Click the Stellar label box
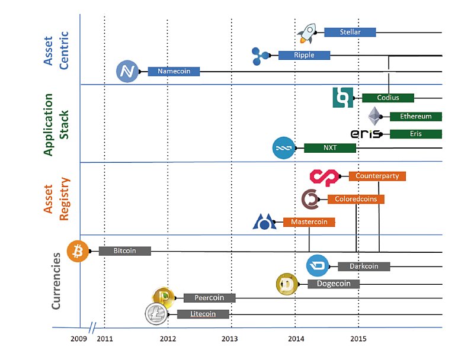click(x=350, y=32)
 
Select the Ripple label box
click(x=304, y=55)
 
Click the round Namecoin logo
click(x=127, y=72)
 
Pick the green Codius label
click(x=387, y=98)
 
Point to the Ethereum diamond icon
click(x=374, y=115)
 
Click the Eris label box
click(x=415, y=134)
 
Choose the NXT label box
click(x=329, y=148)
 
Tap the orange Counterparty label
click(x=377, y=176)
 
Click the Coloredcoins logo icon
click(x=310, y=200)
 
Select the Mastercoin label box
click(x=309, y=222)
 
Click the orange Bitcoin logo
click(x=78, y=252)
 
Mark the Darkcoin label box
click(x=364, y=266)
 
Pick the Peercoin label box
click(x=209, y=298)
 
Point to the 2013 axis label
click(x=230, y=339)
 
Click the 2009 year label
click(x=79, y=339)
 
